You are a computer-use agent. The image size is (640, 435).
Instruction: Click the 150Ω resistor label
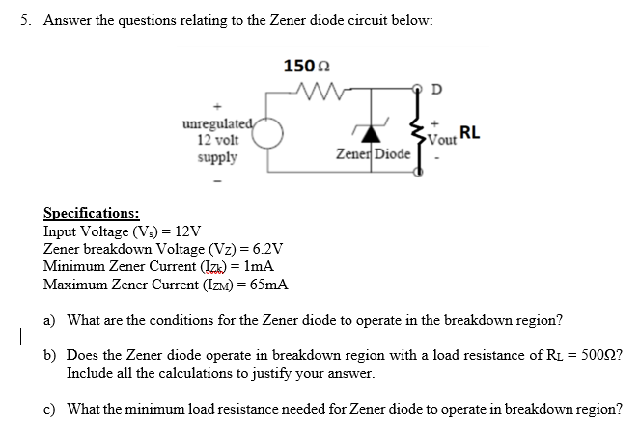306,66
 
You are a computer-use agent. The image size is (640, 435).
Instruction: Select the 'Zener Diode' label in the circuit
373,154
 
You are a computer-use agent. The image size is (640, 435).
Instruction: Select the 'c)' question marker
50,408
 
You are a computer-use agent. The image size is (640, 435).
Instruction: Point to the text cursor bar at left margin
7,338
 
